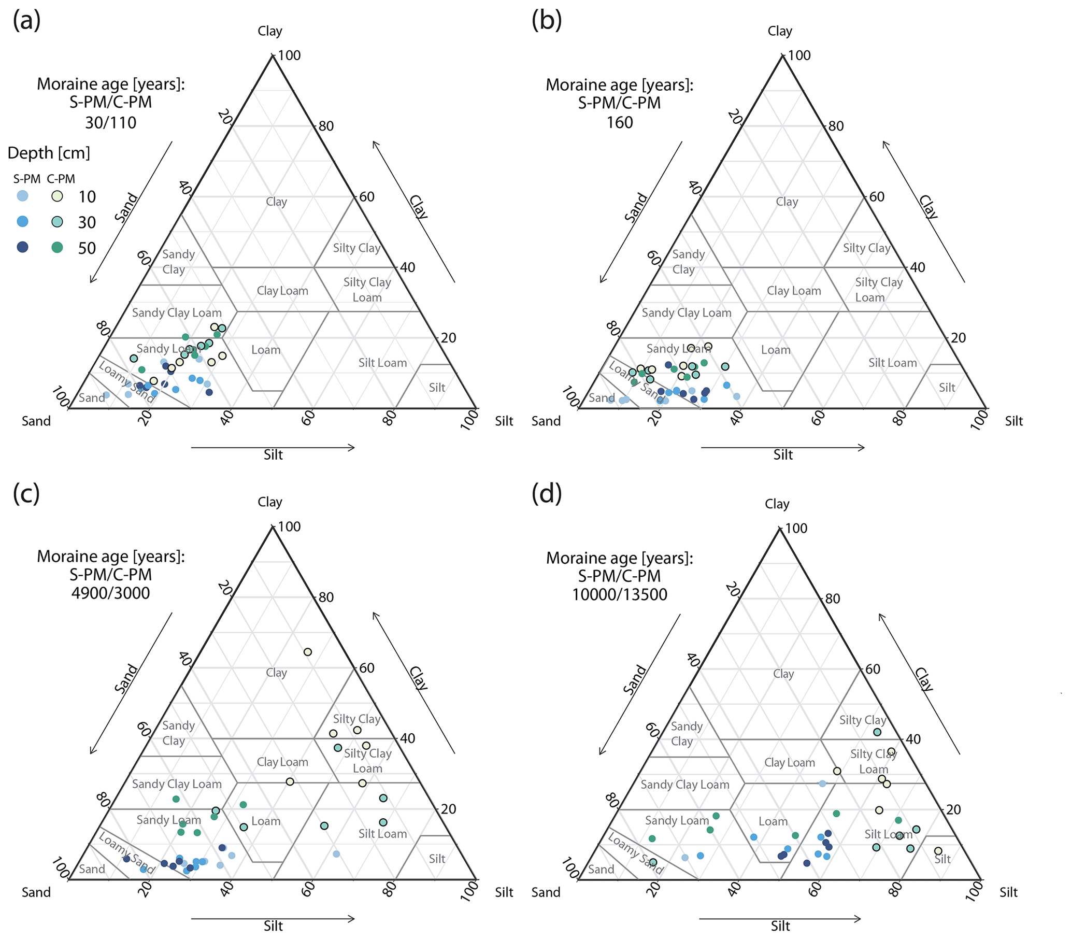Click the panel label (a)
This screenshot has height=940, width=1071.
pos(27,21)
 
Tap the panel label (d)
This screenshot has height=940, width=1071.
pos(547,494)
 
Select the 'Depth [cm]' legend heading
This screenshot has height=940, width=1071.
pos(49,153)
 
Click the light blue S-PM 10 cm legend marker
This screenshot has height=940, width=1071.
pos(22,196)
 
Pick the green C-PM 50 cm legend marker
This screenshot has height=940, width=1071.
pos(57,247)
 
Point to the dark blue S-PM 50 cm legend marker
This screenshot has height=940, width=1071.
pos(22,247)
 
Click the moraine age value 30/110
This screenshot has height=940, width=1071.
pos(110,123)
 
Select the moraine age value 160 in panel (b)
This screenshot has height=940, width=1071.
pos(620,123)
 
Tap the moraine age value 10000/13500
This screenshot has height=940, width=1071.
pos(620,595)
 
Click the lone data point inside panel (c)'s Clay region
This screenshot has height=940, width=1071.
pos(308,652)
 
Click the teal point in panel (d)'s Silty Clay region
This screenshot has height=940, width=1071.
pos(877,732)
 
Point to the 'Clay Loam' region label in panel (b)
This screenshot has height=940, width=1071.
pos(794,291)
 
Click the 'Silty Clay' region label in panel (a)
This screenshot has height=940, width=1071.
pos(357,248)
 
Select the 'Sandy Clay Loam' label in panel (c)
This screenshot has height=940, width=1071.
pos(177,784)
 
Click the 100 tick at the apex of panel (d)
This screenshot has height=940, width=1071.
pos(796,528)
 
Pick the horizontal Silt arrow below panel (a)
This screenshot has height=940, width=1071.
pos(273,447)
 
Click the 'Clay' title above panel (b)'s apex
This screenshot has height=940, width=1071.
pos(780,31)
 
